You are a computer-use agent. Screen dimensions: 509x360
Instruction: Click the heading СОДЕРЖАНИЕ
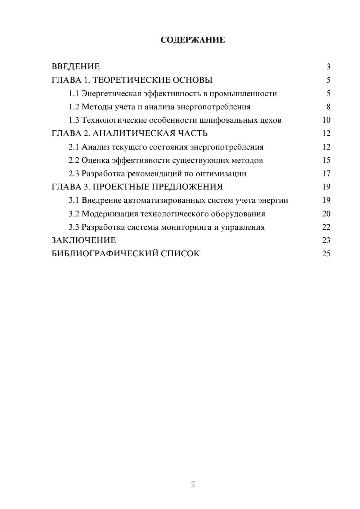pyautogui.click(x=193, y=40)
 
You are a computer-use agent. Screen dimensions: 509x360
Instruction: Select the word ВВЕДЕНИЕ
pyautogui.click(x=76, y=67)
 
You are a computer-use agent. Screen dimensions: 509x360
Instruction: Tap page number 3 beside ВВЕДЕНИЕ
pyautogui.click(x=328, y=67)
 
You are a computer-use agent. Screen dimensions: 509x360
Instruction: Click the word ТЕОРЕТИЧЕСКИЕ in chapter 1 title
pyautogui.click(x=129, y=80)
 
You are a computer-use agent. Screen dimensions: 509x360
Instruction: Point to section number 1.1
pyautogui.click(x=74, y=94)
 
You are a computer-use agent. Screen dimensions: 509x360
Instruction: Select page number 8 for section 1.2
pyautogui.click(x=328, y=107)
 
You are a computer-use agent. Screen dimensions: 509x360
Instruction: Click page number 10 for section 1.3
pyautogui.click(x=326, y=120)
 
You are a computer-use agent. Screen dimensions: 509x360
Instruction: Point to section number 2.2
pyautogui.click(x=74, y=160)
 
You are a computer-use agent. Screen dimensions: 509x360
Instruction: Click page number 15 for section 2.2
pyautogui.click(x=326, y=160)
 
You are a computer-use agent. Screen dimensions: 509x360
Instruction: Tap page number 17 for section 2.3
pyautogui.click(x=326, y=174)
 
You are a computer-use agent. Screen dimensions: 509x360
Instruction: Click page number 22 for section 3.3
pyautogui.click(x=326, y=227)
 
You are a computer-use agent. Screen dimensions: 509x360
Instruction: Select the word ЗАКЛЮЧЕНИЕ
pyautogui.click(x=84, y=240)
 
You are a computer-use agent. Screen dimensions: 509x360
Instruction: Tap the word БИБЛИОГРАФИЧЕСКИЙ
pyautogui.click(x=105, y=253)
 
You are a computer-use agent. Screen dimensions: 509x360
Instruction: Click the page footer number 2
pyautogui.click(x=193, y=485)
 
